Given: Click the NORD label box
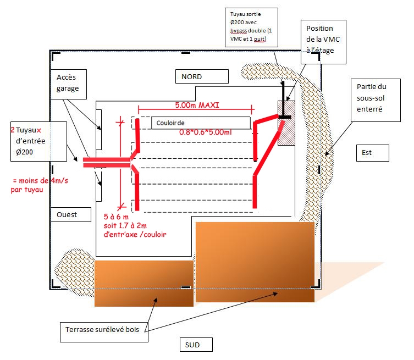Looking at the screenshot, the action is point(202,76).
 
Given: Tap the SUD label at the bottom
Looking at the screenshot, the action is point(196,345).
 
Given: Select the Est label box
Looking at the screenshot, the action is point(373,153).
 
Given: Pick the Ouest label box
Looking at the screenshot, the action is point(70,214).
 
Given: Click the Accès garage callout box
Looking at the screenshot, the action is point(68,84).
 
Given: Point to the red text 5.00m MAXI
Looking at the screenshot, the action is point(197,105).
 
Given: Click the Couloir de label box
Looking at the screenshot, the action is point(201,123).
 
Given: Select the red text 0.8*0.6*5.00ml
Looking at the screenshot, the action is point(206,132).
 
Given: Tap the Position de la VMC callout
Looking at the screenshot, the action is point(323,42).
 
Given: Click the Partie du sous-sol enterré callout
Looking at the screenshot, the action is point(376,100).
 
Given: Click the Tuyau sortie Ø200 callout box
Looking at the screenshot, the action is point(251,27).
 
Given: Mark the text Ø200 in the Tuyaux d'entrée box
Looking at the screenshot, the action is point(24,152).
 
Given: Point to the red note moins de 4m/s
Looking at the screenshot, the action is point(40,181).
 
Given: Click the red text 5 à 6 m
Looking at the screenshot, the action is point(116,217).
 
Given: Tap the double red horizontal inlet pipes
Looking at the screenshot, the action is point(107,162).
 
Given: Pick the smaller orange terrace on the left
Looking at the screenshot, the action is point(144,284).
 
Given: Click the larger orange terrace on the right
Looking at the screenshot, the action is point(255,262).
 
